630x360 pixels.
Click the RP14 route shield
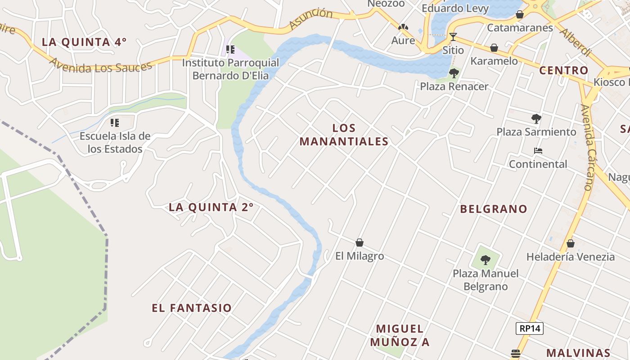pyautogui.click(x=530, y=328)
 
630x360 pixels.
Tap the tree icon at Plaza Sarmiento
pyautogui.click(x=536, y=119)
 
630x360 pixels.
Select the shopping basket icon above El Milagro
pyautogui.click(x=360, y=243)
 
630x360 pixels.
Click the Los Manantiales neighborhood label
pyautogui.click(x=344, y=135)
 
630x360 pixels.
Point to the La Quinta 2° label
pyautogui.click(x=211, y=207)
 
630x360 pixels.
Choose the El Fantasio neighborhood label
pyautogui.click(x=192, y=308)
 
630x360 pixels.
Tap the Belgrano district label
pyautogui.click(x=494, y=209)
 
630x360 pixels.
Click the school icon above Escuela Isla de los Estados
pyautogui.click(x=115, y=122)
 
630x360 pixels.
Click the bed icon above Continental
pyautogui.click(x=538, y=151)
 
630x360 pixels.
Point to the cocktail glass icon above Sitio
pyautogui.click(x=453, y=37)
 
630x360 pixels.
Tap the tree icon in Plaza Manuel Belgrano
pyautogui.click(x=485, y=260)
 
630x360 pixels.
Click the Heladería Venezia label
pyautogui.click(x=571, y=257)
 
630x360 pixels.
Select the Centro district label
pyautogui.click(x=564, y=71)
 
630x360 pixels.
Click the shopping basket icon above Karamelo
pyautogui.click(x=494, y=48)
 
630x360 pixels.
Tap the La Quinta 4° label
pyautogui.click(x=84, y=42)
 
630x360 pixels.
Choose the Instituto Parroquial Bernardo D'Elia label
pyautogui.click(x=230, y=69)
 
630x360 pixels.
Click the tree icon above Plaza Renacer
pyautogui.click(x=454, y=73)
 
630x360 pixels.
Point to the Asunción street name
pyautogui.click(x=310, y=19)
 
